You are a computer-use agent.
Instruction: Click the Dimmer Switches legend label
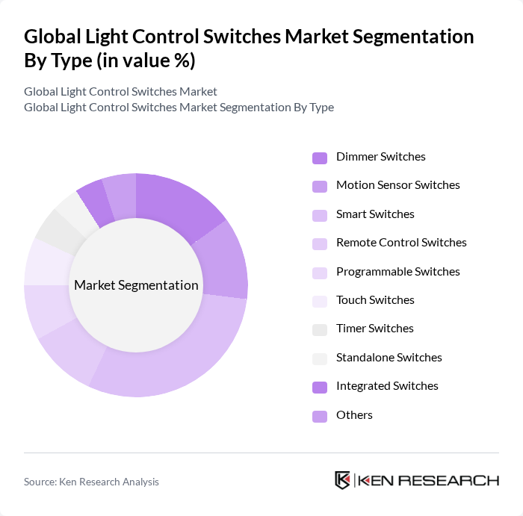pos(380,157)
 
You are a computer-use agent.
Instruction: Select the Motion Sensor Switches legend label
pos(397,185)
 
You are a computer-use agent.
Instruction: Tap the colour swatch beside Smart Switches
pos(320,215)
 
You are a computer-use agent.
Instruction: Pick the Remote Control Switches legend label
pos(401,243)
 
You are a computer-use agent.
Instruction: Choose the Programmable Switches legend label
pos(397,272)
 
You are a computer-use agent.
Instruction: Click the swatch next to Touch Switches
pos(320,301)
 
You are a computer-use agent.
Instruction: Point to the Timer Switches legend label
pos(374,329)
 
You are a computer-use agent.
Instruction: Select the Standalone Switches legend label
pos(389,358)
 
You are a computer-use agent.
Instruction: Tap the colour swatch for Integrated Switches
pos(320,387)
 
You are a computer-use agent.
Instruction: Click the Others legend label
pos(354,415)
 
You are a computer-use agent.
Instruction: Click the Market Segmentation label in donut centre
pos(136,285)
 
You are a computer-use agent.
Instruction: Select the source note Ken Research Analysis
pos(91,482)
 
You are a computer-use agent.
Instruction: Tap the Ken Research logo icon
pos(343,480)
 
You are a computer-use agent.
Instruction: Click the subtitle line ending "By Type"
pos(179,107)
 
